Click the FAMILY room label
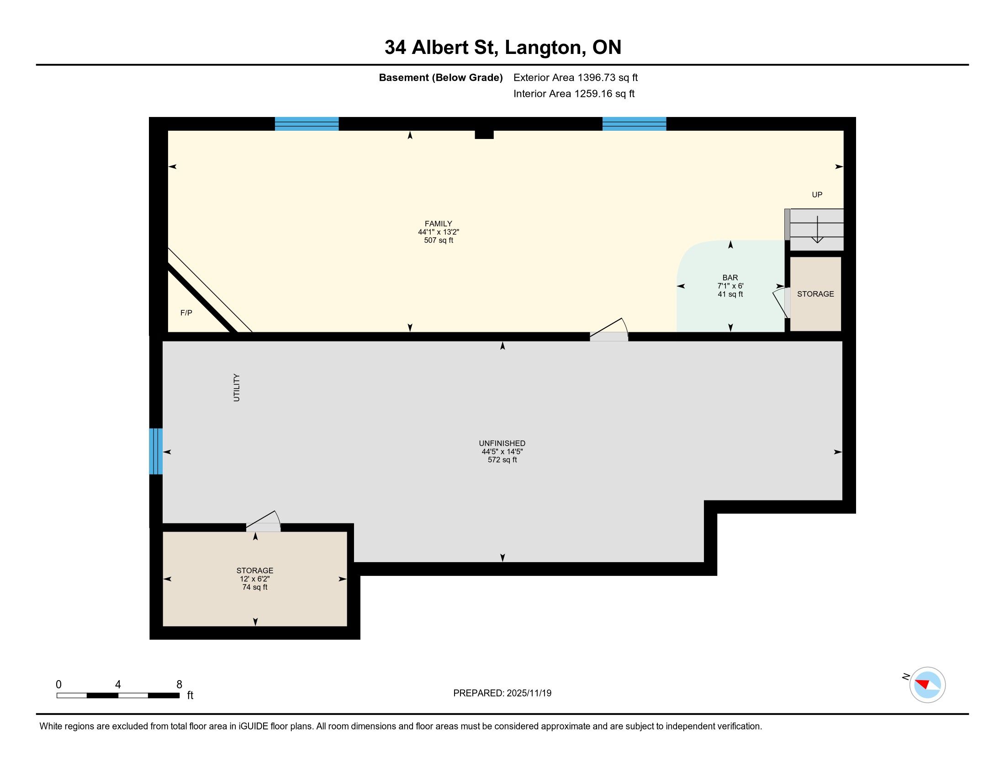coord(438,224)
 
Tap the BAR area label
coord(730,277)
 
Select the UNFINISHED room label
coord(502,443)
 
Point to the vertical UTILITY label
coord(237,388)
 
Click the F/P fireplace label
coord(186,313)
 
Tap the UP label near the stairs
coord(817,195)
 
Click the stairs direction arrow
coord(817,229)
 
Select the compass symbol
coord(927,685)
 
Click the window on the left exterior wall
coord(156,451)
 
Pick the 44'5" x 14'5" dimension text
coord(502,452)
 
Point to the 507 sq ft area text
coord(439,240)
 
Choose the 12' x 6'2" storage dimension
coord(254,579)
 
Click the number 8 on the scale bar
coord(179,685)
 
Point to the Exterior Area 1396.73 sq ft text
coord(576,78)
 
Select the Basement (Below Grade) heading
coord(440,78)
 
